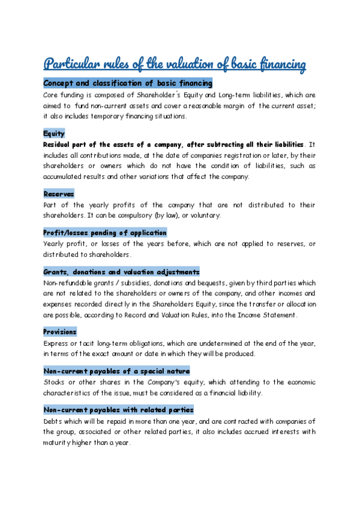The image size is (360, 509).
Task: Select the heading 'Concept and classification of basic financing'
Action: point(128,83)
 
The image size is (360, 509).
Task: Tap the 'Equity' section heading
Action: point(54,133)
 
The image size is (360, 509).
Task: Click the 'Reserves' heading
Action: point(59,194)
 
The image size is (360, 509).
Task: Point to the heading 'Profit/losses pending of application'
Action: point(105,232)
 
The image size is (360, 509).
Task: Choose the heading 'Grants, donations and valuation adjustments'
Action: point(122,271)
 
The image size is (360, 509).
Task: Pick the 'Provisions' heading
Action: point(60,331)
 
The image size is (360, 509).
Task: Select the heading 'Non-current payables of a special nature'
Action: point(116,370)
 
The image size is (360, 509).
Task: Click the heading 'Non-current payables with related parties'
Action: point(118,409)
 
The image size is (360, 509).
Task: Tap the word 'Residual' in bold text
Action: point(59,145)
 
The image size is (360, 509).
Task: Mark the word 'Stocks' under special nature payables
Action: point(54,382)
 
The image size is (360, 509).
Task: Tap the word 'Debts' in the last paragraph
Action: point(53,421)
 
